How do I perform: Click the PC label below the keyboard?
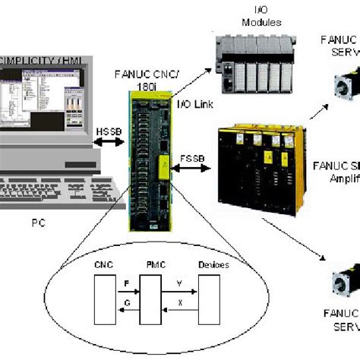[x=42, y=223]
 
